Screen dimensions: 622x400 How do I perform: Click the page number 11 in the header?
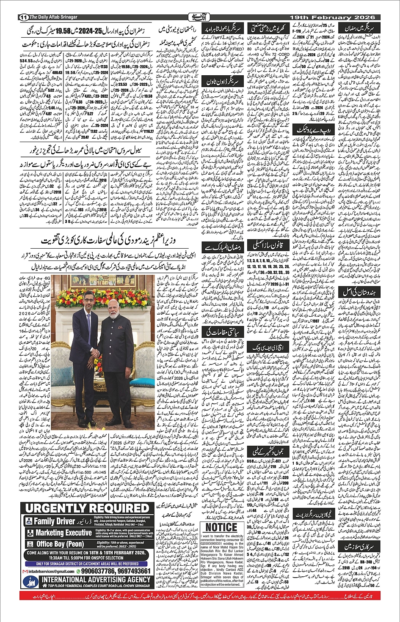point(23,17)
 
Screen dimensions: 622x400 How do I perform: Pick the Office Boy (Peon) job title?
point(60,544)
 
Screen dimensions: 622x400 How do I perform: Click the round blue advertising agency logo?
point(31,582)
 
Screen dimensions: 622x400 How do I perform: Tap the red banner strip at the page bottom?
point(200,596)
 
